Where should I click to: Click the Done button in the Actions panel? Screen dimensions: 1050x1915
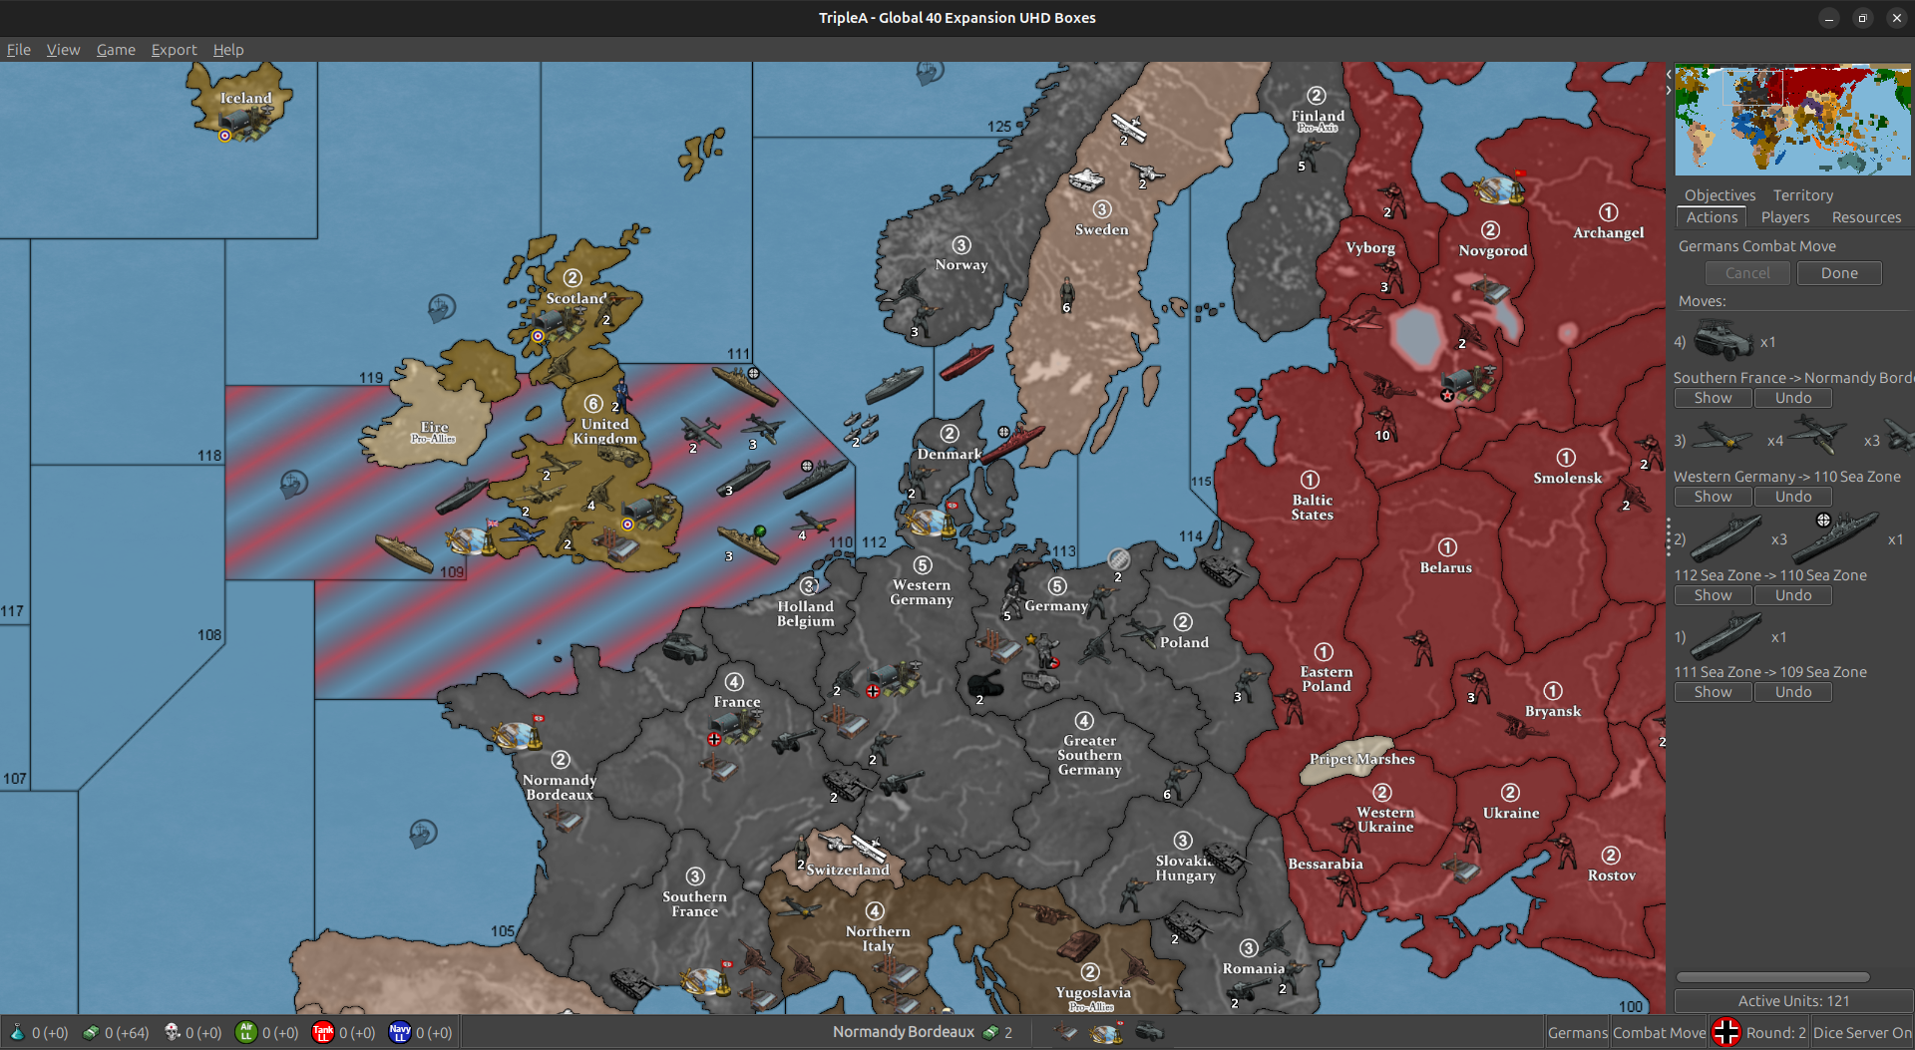[1838, 273]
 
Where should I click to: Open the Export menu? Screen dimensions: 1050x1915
[174, 50]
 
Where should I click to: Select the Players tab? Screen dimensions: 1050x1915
[1784, 217]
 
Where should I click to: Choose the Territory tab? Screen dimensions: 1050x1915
[1802, 195]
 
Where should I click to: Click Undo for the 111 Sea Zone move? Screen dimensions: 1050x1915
[1792, 692]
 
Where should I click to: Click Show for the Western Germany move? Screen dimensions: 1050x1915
[1713, 497]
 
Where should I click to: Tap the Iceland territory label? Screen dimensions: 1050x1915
[245, 98]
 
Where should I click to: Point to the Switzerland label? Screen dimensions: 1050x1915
[848, 870]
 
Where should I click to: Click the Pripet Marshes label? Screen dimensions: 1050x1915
[1361, 759]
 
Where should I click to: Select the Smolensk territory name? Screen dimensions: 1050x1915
[1567, 478]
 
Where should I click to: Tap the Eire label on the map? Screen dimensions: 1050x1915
[434, 427]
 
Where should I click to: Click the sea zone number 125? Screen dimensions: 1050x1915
[998, 127]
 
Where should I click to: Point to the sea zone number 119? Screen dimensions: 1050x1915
[371, 378]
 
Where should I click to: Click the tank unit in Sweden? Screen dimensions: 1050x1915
[1086, 178]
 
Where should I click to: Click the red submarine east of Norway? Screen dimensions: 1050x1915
[966, 361]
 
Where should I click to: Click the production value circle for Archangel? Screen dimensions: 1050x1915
[1608, 212]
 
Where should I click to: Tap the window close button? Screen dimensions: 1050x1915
[1896, 18]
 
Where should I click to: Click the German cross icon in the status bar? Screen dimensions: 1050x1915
[1725, 1032]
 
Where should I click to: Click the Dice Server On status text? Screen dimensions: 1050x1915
[1861, 1033]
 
